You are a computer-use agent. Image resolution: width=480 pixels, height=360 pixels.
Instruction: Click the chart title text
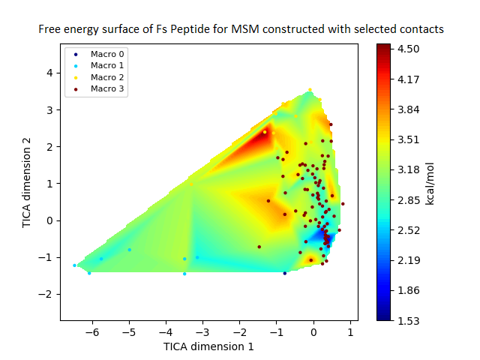click(242, 29)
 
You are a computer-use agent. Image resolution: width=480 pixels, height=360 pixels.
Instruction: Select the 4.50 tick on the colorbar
click(408, 48)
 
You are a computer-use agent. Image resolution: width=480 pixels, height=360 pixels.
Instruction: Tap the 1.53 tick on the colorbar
click(408, 320)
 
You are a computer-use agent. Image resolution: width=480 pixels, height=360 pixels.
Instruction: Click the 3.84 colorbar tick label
click(408, 109)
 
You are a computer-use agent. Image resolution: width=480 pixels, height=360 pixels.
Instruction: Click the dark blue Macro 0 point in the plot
click(285, 273)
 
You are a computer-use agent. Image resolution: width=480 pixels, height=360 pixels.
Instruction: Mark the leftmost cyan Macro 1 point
click(74, 265)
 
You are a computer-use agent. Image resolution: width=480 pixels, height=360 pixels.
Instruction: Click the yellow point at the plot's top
click(310, 90)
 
